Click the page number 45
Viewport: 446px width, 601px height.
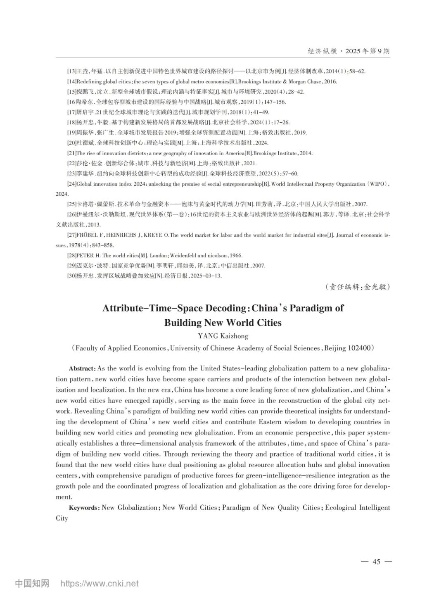[376, 561]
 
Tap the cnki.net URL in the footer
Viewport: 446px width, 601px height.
[100, 584]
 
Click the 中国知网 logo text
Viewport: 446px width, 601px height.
[32, 584]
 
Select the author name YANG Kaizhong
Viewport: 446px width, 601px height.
[223, 336]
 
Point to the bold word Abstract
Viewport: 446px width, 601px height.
[82, 368]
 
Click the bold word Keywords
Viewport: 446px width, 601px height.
[84, 508]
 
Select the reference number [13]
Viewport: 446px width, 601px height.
[72, 71]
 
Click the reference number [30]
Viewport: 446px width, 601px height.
[72, 276]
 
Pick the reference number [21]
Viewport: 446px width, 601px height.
[72, 153]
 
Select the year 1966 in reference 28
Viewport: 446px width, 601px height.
[236, 256]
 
